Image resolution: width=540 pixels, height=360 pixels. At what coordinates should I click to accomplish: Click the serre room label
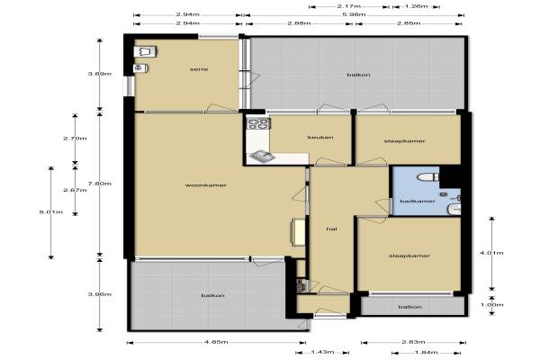(199, 69)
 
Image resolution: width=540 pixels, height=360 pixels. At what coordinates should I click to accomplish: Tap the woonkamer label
(205, 185)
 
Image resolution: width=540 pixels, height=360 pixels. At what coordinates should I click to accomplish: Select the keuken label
(320, 137)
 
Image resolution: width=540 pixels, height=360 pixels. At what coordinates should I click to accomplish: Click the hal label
(331, 229)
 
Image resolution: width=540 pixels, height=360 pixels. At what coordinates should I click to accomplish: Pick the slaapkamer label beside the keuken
(404, 141)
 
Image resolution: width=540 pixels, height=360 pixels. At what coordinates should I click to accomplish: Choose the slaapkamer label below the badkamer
(409, 256)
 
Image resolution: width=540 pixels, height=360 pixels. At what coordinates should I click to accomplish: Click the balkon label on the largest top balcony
(358, 75)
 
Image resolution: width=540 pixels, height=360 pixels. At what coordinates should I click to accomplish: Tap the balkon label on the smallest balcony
(409, 307)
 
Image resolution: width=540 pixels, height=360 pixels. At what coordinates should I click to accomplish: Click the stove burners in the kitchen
(258, 123)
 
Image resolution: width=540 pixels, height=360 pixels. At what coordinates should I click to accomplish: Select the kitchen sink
(262, 157)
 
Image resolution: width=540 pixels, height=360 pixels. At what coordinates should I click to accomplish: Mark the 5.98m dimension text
(354, 14)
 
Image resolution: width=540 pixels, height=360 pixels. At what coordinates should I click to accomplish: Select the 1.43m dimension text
(322, 352)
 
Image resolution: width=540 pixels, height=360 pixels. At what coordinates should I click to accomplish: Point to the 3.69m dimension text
(100, 74)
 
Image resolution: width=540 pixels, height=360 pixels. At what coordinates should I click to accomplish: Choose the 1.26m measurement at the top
(416, 6)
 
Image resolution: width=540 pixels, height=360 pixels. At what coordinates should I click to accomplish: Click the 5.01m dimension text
(51, 212)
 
